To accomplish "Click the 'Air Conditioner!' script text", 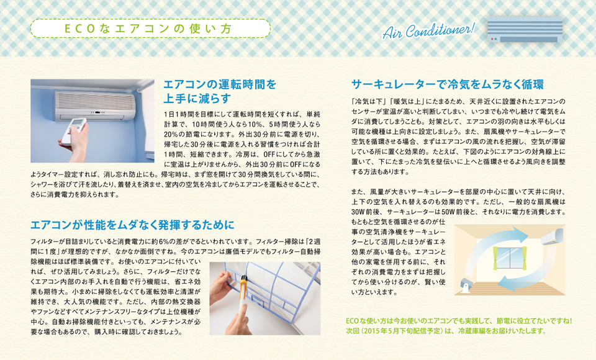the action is [x=428, y=30].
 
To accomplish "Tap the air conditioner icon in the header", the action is [x=525, y=29].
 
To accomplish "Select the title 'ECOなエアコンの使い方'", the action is [x=148, y=29].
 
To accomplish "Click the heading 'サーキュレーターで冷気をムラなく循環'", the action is [x=448, y=84].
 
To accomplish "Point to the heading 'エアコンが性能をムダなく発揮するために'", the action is [x=133, y=225].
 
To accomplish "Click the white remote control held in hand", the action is [x=74, y=131].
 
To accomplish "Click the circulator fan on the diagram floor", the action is [x=464, y=285].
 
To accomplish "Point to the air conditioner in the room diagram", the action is [x=553, y=237].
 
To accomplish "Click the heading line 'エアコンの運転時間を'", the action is [x=220, y=84].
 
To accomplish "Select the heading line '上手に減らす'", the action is [x=197, y=99].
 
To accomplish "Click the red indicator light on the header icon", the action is [x=492, y=38].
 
